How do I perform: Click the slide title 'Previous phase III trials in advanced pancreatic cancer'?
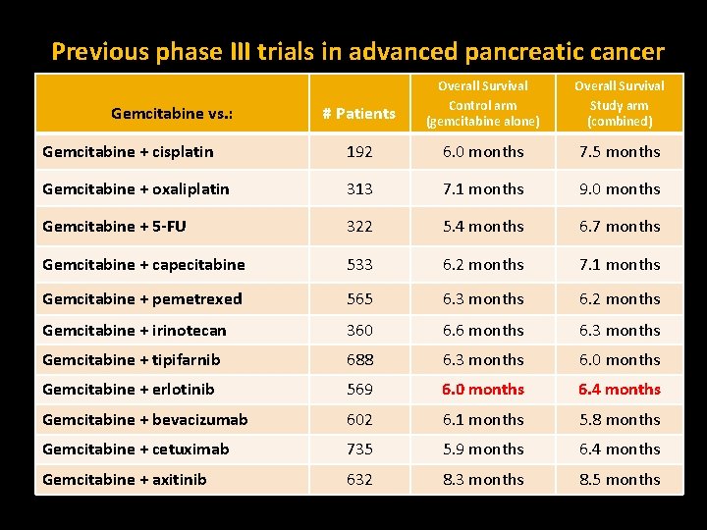(x=357, y=51)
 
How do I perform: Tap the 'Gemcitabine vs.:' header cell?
(x=172, y=113)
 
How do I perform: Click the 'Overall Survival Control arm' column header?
(x=482, y=103)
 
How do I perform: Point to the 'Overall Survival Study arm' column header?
(x=619, y=103)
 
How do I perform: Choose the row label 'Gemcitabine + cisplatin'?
(x=128, y=152)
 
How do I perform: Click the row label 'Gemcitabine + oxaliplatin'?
(x=136, y=189)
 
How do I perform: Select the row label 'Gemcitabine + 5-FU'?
(x=114, y=227)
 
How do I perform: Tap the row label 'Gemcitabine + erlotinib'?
(x=128, y=390)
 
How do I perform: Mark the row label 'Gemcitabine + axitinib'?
(x=125, y=480)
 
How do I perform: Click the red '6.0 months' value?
(x=482, y=390)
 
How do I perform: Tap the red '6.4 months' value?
(x=619, y=390)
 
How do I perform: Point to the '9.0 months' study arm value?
(x=619, y=189)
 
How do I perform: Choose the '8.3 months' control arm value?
(x=482, y=480)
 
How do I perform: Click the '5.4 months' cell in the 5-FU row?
(x=482, y=227)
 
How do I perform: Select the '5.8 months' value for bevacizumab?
(x=619, y=420)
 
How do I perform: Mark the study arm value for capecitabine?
(x=619, y=265)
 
